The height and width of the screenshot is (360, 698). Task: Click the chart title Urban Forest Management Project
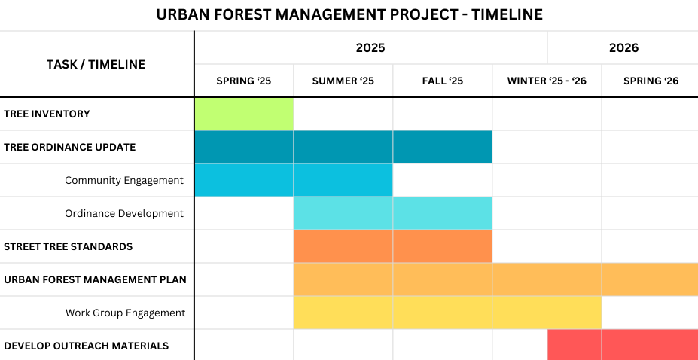click(x=349, y=14)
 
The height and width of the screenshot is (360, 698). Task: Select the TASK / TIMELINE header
click(x=96, y=64)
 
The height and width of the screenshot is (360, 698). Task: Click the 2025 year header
click(x=370, y=47)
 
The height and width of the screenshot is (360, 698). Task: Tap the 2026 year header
click(x=623, y=47)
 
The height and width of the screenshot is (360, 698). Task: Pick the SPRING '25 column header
click(x=243, y=81)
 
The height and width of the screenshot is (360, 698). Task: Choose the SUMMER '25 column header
click(x=343, y=81)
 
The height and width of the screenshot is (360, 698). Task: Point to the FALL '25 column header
click(x=442, y=81)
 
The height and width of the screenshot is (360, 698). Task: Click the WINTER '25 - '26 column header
click(x=547, y=81)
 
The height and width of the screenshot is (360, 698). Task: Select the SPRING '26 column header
click(x=651, y=81)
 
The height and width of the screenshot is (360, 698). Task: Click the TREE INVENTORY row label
click(x=47, y=114)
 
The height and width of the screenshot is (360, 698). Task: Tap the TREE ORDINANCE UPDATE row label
click(x=70, y=147)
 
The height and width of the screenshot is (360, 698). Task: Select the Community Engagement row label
click(x=124, y=180)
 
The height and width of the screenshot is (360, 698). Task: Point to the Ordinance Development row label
click(x=124, y=213)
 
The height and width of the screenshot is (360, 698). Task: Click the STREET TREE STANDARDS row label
click(x=69, y=246)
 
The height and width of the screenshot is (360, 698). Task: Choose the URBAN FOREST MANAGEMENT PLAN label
click(x=95, y=279)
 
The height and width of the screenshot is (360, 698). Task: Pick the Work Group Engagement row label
click(x=125, y=313)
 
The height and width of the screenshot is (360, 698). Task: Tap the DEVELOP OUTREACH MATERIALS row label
click(x=86, y=346)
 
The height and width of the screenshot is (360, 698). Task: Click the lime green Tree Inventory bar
click(x=244, y=114)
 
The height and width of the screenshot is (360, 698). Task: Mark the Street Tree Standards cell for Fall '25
click(x=442, y=246)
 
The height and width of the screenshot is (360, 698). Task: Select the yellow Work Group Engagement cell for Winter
click(x=547, y=313)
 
